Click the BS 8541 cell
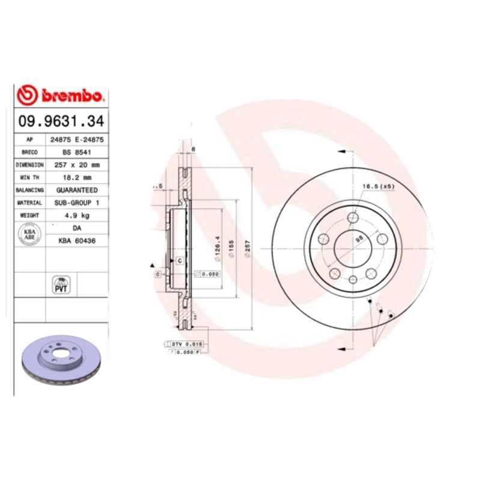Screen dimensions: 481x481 click(77, 152)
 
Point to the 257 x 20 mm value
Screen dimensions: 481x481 click(77, 165)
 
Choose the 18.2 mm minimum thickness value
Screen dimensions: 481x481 click(77, 177)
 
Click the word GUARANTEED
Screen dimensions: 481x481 click(77, 190)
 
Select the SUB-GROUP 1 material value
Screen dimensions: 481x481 click(77, 203)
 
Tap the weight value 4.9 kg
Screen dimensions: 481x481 click(77, 215)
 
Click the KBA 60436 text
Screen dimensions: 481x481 click(77, 240)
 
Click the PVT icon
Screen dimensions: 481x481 click(61, 285)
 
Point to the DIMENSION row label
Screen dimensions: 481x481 click(29, 165)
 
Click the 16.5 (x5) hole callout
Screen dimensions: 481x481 click(378, 187)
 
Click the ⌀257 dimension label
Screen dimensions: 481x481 click(247, 247)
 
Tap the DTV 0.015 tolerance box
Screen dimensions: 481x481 click(188, 343)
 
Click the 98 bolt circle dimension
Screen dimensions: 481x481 click(359, 238)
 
